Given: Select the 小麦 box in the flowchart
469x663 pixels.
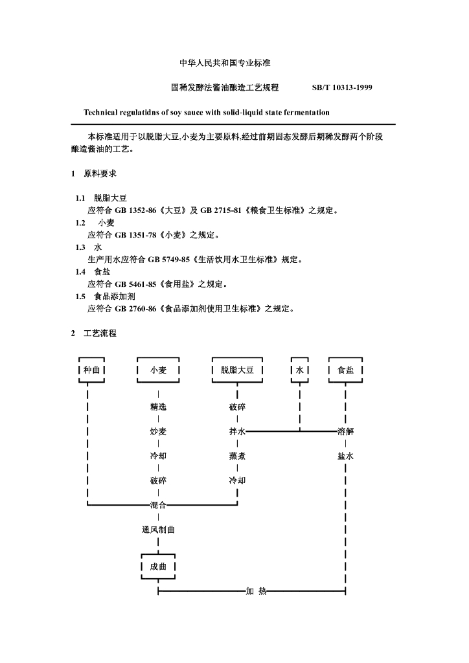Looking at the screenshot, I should pos(159,370).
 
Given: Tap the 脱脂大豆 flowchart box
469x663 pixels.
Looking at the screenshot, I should pos(237,370).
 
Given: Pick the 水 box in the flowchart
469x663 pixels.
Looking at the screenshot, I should pos(300,370).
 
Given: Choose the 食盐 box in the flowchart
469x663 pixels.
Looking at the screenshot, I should pos(345,370).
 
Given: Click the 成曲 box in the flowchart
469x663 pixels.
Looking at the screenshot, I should pos(158,567).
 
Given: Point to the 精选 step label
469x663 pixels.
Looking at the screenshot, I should pos(158,407).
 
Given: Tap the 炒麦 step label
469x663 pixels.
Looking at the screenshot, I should pos(158,431).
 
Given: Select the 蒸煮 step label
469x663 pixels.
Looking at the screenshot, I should pos(237,456).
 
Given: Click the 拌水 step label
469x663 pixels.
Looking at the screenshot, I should pos(237,431).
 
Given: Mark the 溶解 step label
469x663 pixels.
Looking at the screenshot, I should pos(345,431).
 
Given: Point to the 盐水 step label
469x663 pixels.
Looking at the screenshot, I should pos(345,456).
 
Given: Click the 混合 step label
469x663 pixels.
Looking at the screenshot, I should pos(158,504).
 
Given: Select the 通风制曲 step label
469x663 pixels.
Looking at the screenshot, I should pos(158,530).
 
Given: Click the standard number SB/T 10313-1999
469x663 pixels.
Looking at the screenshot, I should pos(342,87).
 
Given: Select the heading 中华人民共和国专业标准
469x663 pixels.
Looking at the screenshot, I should pos(225,63).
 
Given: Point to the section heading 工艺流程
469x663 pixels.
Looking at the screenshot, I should pos(100,333).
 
